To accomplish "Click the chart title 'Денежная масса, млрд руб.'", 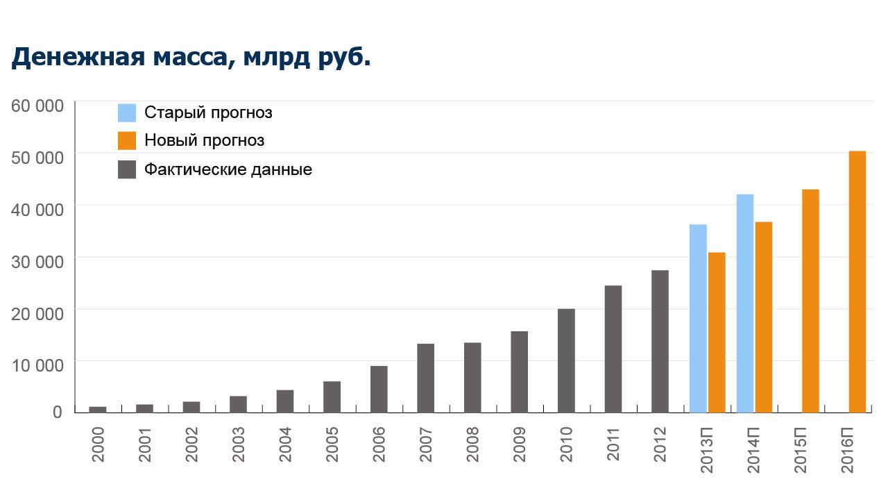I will (x=191, y=57).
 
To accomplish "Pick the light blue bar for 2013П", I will (x=698, y=318).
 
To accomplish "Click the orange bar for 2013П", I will (x=717, y=332).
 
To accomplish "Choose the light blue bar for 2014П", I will (x=745, y=303).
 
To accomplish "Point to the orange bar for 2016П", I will (x=857, y=281).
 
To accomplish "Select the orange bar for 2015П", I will (x=810, y=300).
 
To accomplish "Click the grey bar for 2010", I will (x=566, y=360).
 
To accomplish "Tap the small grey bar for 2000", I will (x=98, y=409).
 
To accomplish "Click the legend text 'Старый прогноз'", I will (x=208, y=112).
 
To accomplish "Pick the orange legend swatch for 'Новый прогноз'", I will (x=127, y=140).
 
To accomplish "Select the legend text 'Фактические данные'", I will (x=228, y=169).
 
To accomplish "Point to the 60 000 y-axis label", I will (x=38, y=106).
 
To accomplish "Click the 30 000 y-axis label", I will (x=38, y=260).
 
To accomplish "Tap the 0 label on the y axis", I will (x=58, y=412).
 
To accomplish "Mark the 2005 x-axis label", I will (x=332, y=444).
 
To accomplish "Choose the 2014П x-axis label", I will (x=755, y=450).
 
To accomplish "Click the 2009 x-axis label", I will (x=520, y=444).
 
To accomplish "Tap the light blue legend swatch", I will (x=127, y=112).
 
